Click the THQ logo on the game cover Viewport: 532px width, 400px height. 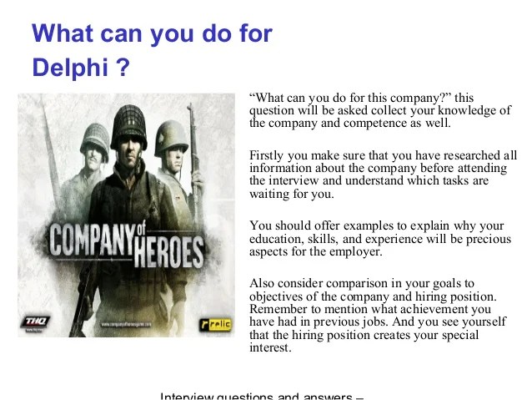[x=35, y=321]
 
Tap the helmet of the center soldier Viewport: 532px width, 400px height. [x=133, y=125]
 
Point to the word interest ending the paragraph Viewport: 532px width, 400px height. [x=269, y=348]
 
